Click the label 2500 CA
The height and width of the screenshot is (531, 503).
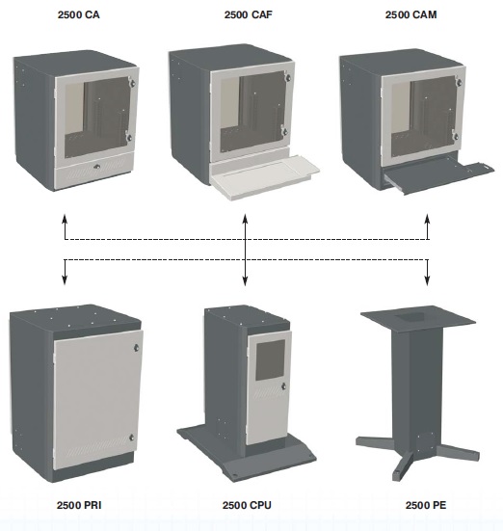click(78, 14)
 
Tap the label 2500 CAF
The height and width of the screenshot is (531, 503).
click(248, 14)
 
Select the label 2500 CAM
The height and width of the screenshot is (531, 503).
click(410, 14)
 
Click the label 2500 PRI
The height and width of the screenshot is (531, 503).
click(79, 505)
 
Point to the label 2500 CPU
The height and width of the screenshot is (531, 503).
click(247, 505)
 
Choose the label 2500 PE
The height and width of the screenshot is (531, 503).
click(426, 505)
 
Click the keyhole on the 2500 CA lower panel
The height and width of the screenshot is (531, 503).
click(97, 167)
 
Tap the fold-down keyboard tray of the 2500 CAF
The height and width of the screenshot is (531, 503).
click(265, 176)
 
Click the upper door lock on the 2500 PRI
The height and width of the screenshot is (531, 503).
click(136, 348)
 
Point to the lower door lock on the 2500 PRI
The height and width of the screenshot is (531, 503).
click(132, 438)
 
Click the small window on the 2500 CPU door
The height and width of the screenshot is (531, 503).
click(271, 360)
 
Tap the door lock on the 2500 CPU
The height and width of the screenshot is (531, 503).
click(283, 386)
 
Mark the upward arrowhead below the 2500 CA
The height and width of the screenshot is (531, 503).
click(65, 219)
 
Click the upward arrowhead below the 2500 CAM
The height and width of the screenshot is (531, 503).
click(428, 219)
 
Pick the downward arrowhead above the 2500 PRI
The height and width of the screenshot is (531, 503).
click(65, 280)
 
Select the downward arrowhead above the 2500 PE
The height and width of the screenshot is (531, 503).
click(427, 280)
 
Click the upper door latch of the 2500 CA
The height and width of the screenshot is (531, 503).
click(132, 82)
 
